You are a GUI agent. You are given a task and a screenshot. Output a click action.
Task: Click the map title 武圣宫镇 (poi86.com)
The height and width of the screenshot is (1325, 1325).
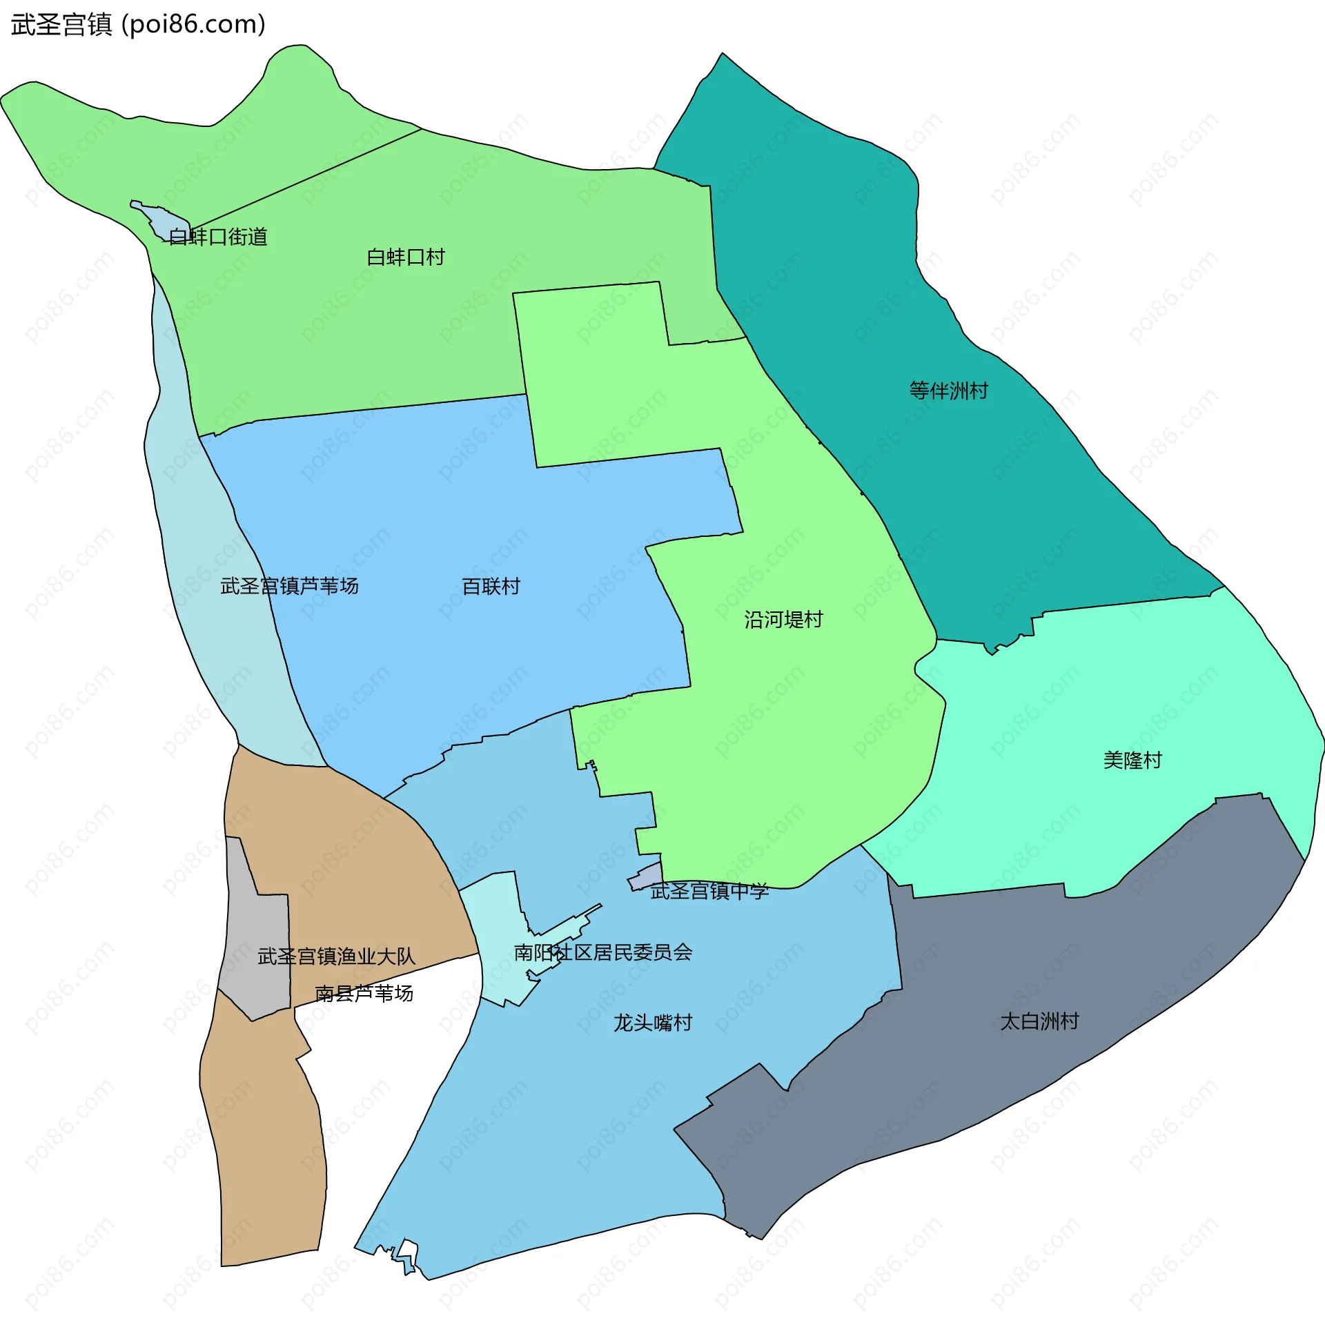coord(138,25)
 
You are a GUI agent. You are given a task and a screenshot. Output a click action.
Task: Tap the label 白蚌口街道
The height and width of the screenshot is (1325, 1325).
coord(218,237)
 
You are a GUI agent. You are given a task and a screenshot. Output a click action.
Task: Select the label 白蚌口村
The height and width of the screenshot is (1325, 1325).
coord(406,257)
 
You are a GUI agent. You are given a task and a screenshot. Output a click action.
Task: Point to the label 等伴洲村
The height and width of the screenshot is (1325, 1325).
coord(948,391)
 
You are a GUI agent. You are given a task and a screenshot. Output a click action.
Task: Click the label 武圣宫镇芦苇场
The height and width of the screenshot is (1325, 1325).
coord(289,586)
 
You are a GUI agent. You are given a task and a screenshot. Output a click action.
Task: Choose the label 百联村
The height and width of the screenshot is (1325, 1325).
coord(491,587)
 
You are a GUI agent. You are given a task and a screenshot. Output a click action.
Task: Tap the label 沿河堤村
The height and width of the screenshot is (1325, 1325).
coord(783,620)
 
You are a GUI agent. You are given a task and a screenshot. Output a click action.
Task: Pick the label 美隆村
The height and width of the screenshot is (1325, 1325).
coord(1132,760)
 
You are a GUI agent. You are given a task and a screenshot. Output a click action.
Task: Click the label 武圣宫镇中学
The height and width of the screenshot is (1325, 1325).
coord(709,891)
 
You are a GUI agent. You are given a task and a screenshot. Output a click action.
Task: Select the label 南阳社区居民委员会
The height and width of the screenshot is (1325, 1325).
coord(603,952)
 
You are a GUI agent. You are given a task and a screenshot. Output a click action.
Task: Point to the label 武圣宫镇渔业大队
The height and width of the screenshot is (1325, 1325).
coord(336,956)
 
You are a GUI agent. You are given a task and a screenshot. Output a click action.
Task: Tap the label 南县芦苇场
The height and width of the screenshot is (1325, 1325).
coord(364,993)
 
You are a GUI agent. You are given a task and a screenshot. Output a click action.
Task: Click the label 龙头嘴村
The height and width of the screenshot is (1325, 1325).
coord(653,1023)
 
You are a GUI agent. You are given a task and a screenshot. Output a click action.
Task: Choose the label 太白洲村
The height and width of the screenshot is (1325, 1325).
coord(1039,1021)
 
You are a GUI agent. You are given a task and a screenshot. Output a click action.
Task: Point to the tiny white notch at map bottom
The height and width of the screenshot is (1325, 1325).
coord(408,1249)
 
